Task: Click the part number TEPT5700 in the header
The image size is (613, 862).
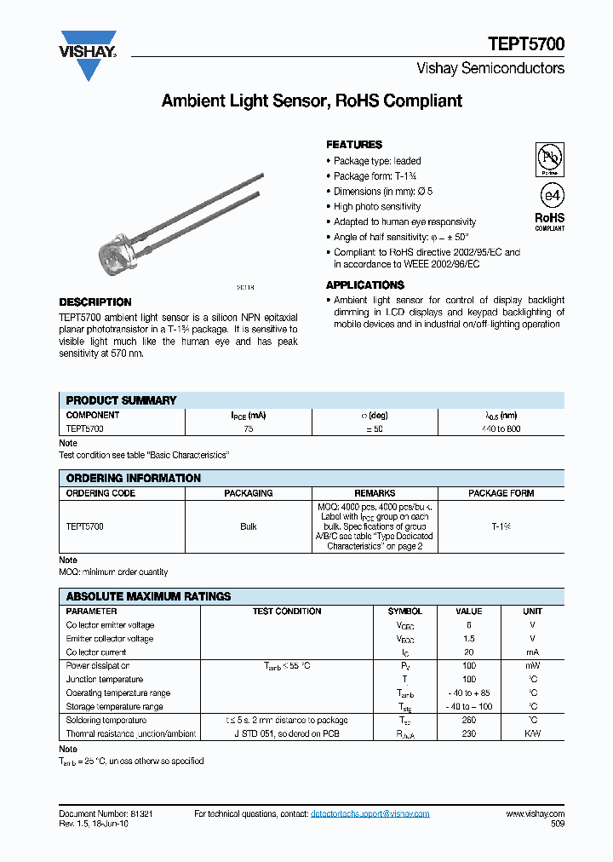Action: coord(525,44)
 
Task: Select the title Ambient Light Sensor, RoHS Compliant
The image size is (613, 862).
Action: coord(312,101)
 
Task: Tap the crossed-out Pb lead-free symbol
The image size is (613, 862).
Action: coord(549,158)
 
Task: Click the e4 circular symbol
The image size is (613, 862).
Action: coord(551,194)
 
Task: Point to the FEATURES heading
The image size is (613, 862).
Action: coord(354,145)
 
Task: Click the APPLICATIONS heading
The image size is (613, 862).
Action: coord(364,285)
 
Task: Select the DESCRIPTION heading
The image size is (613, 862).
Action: coord(95,302)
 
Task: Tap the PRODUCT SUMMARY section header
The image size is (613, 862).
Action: coord(121,400)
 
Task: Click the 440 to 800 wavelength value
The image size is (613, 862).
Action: coord(501,429)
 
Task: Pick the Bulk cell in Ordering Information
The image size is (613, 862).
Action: coord(248,527)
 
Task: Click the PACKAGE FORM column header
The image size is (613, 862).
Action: coord(501,493)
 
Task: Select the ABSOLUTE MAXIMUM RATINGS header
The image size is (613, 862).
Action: coord(148,597)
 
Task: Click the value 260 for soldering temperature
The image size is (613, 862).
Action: coord(468,721)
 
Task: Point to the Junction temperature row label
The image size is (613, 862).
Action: coord(104,680)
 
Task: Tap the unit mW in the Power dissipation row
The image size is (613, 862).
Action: coord(532,666)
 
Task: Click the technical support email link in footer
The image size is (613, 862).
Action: coord(370,814)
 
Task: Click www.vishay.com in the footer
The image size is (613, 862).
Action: coord(535,814)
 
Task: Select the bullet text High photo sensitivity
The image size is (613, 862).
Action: coord(377,207)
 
